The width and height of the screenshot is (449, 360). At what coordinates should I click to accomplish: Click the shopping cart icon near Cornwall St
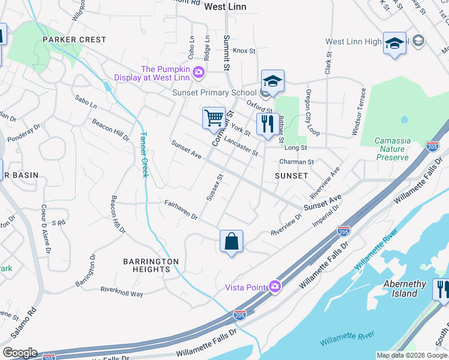click(214, 118)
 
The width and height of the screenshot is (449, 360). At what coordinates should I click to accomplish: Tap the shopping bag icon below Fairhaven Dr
click(231, 242)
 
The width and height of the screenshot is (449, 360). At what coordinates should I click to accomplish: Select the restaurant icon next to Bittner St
click(265, 124)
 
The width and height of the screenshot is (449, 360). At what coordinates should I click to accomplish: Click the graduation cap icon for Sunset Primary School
click(273, 82)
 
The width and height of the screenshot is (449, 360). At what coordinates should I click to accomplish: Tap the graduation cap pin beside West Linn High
click(394, 44)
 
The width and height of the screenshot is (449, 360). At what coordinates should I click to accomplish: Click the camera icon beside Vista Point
click(275, 287)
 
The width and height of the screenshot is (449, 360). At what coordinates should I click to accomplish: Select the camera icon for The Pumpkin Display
click(199, 73)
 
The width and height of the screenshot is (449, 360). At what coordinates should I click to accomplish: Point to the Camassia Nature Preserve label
click(393, 149)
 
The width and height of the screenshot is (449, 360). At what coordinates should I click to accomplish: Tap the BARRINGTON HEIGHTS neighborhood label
click(151, 265)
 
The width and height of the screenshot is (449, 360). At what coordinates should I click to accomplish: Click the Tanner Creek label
click(144, 155)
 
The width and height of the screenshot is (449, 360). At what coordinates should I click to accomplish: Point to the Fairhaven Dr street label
click(181, 210)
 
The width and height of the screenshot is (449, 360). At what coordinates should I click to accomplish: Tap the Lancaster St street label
click(240, 145)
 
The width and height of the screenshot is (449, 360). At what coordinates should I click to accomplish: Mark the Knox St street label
click(244, 51)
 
